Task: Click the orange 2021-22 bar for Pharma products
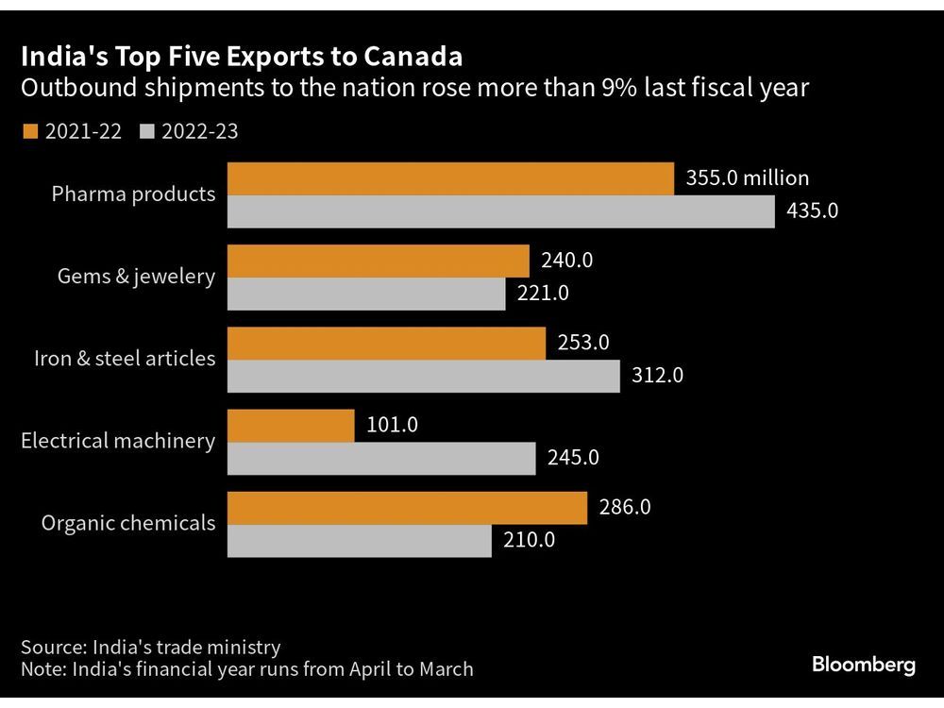450,177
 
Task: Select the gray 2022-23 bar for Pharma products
500,211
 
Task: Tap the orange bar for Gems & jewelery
378,261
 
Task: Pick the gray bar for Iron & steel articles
423,376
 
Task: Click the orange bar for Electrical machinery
291,426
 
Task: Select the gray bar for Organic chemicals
359,541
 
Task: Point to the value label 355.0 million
748,177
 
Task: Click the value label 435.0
812,211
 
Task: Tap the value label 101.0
392,426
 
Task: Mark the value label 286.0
625,508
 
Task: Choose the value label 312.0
657,376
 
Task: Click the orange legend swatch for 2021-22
28,131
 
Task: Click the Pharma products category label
133,194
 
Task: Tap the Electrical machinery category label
118,441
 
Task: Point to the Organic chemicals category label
128,523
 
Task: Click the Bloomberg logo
863,666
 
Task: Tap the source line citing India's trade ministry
151,647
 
